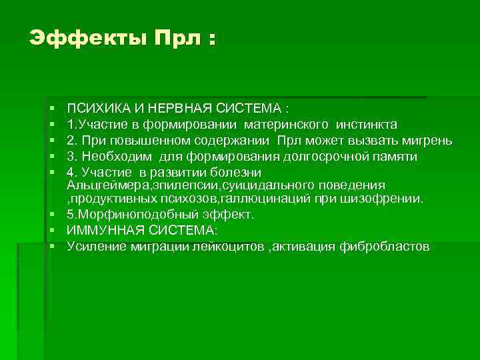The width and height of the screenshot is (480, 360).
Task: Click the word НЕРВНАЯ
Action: pyautogui.click(x=173, y=108)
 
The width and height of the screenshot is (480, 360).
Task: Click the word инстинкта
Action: pyautogui.click(x=367, y=124)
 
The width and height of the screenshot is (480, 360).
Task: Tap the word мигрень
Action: pyautogui.click(x=429, y=141)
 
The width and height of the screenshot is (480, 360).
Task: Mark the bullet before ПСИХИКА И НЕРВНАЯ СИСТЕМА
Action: pyautogui.click(x=51, y=108)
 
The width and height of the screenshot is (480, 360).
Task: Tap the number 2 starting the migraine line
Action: pyautogui.click(x=70, y=141)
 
